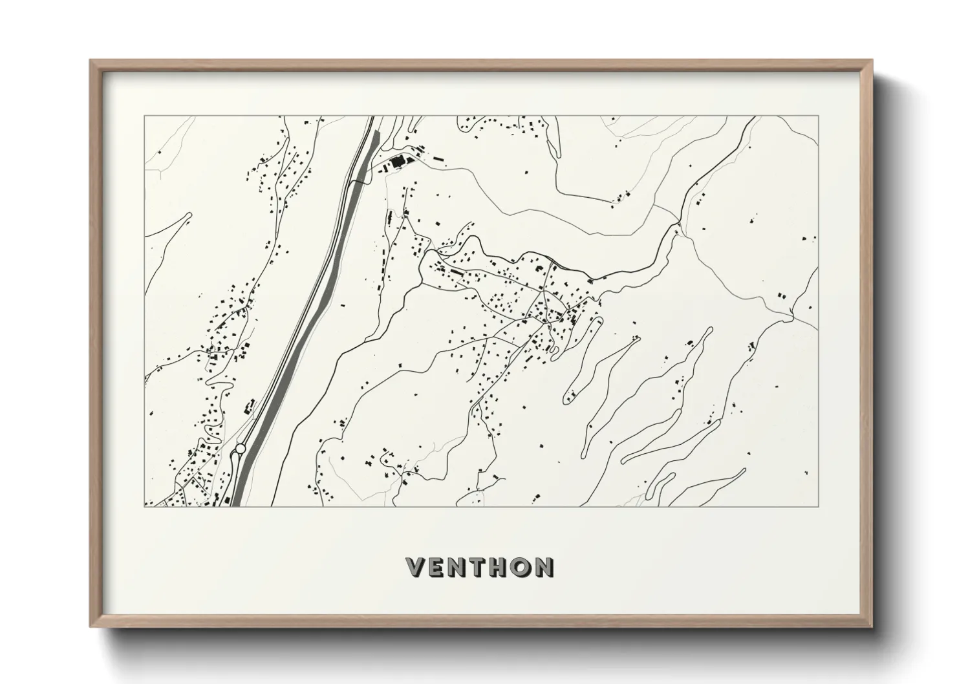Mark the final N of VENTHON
[x=544, y=567]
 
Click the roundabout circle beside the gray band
[x=241, y=448]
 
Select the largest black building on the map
[x=396, y=161]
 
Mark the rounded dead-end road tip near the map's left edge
[x=189, y=215]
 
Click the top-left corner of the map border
[x=144, y=116]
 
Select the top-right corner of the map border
[x=819, y=116]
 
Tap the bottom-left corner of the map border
[x=144, y=506]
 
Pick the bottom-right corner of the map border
[x=819, y=506]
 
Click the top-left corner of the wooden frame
[x=90, y=60]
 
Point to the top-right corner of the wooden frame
[x=873, y=60]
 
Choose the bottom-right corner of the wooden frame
[x=873, y=627]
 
